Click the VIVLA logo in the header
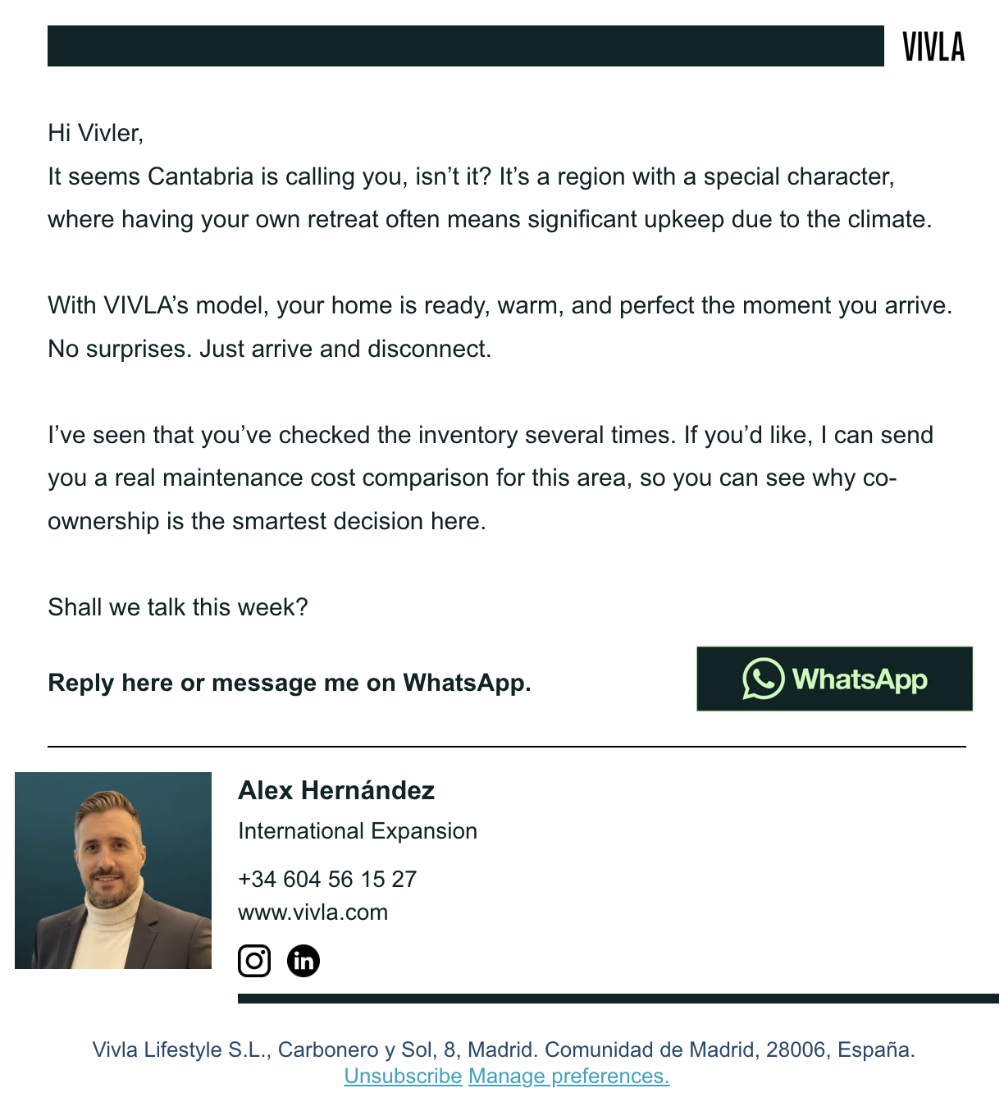click(x=933, y=47)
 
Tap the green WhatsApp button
click(x=834, y=679)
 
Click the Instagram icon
click(x=254, y=961)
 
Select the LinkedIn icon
click(x=303, y=961)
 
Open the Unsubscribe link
click(x=403, y=1076)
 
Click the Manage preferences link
click(x=568, y=1076)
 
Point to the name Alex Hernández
click(x=336, y=790)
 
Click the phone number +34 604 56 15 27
click(x=327, y=879)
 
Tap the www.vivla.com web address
click(x=313, y=912)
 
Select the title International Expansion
click(x=358, y=831)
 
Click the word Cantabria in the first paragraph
click(x=201, y=176)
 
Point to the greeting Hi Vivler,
click(x=96, y=133)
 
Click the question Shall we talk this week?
click(x=178, y=607)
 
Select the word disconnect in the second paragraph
click(x=427, y=349)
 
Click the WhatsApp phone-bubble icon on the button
click(x=763, y=679)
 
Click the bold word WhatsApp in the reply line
click(x=465, y=683)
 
